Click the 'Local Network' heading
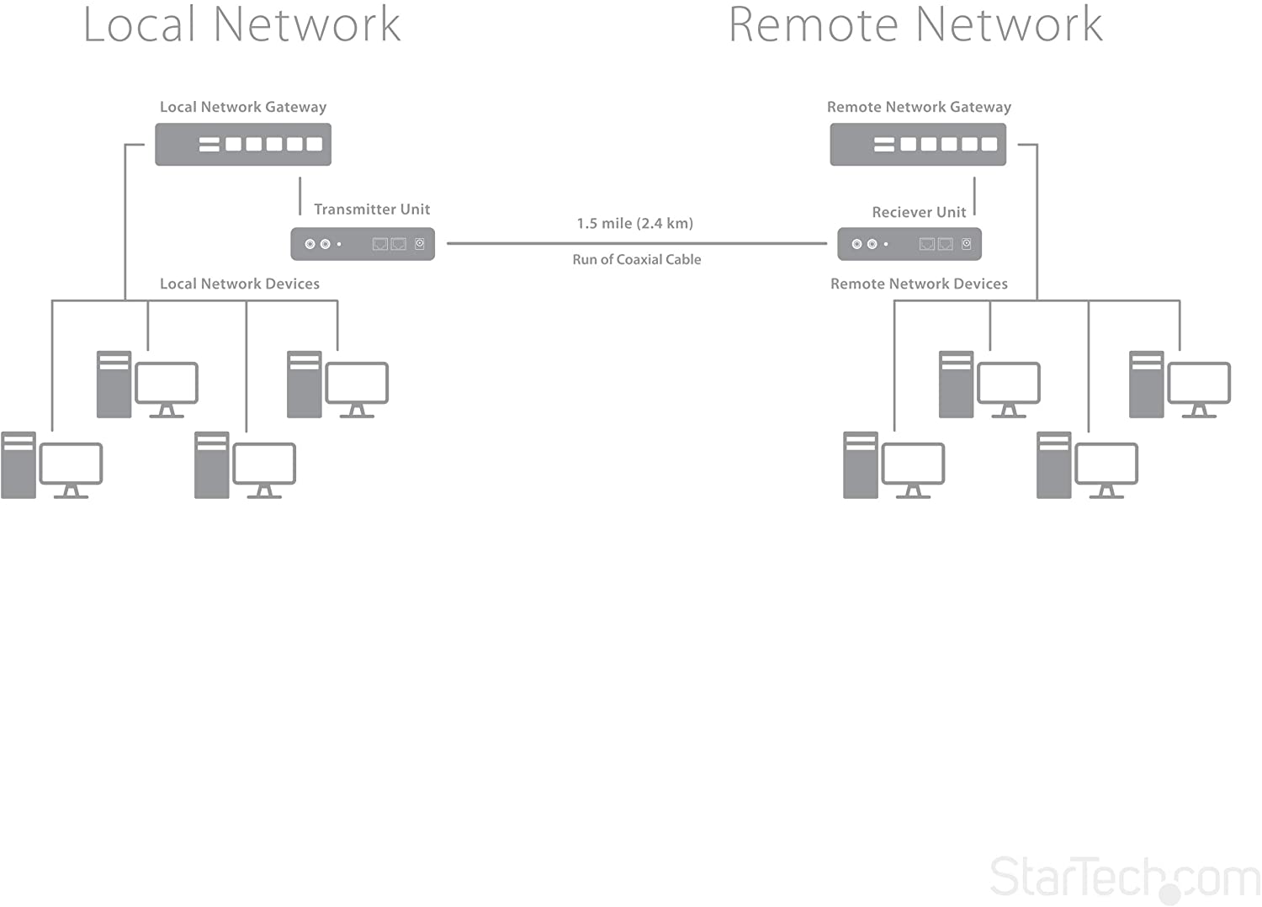[241, 24]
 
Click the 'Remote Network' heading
[915, 24]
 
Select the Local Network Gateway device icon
[243, 144]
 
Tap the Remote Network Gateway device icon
[918, 144]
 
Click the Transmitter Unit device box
[363, 244]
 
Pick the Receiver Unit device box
[909, 244]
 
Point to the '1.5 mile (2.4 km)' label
[635, 223]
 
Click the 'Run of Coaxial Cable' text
[636, 259]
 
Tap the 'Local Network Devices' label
[240, 284]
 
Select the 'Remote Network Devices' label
[919, 284]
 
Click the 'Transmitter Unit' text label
[372, 209]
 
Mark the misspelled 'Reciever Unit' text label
[919, 212]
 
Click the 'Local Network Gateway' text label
[243, 107]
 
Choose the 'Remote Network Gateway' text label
[919, 107]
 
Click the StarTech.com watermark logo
[1124, 878]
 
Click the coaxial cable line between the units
[636, 243]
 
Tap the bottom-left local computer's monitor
[72, 464]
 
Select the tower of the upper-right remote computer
[1146, 385]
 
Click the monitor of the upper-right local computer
[357, 383]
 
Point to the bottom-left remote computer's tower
[861, 465]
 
